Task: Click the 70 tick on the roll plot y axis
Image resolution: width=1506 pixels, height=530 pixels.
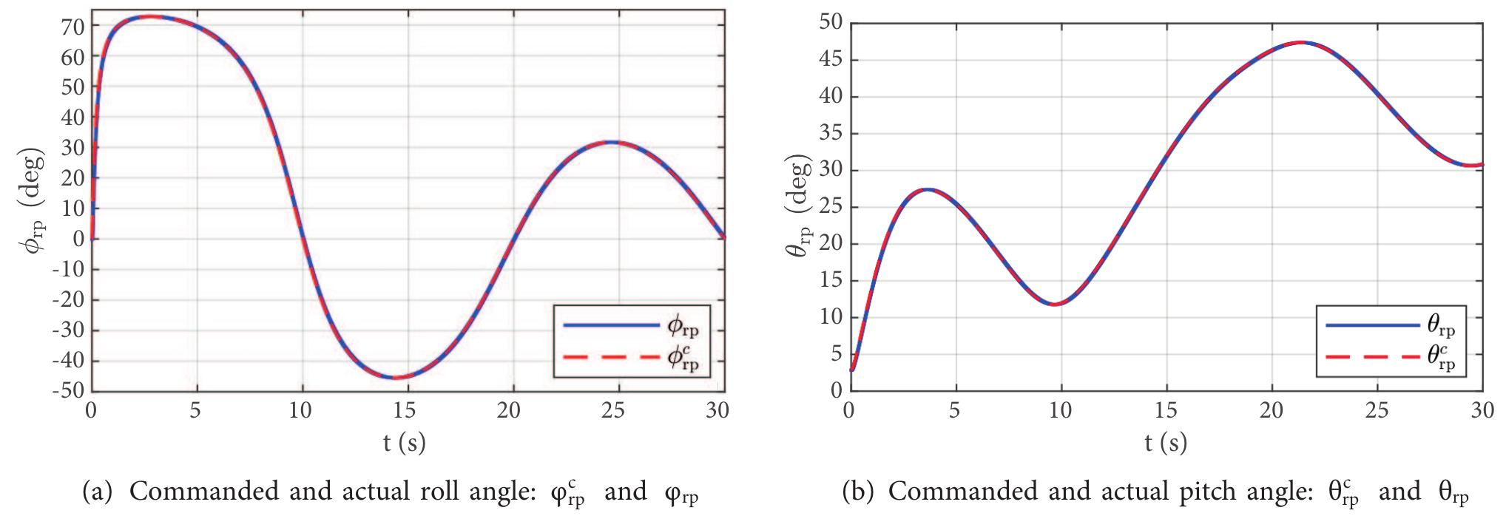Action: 73,26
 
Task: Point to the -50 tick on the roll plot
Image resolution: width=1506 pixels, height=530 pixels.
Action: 70,392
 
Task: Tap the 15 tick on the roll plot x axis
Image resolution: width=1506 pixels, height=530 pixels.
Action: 405,410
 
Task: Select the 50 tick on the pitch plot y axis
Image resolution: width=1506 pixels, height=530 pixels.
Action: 831,23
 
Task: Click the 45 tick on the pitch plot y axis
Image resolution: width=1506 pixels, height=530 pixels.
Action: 831,60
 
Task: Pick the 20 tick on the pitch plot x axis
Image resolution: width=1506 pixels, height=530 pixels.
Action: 1272,410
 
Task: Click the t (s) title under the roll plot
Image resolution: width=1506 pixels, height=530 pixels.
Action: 404,443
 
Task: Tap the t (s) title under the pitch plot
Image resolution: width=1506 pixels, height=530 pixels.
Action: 1165,443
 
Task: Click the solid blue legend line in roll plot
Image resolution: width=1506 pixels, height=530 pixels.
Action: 610,325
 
